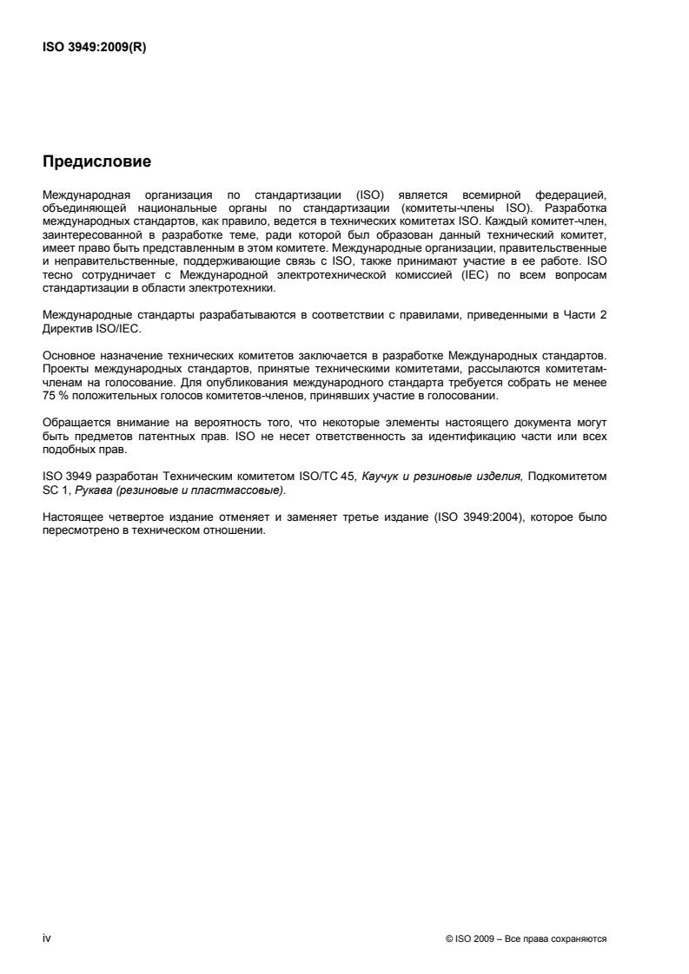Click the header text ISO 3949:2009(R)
click(94, 49)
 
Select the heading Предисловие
click(96, 162)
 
